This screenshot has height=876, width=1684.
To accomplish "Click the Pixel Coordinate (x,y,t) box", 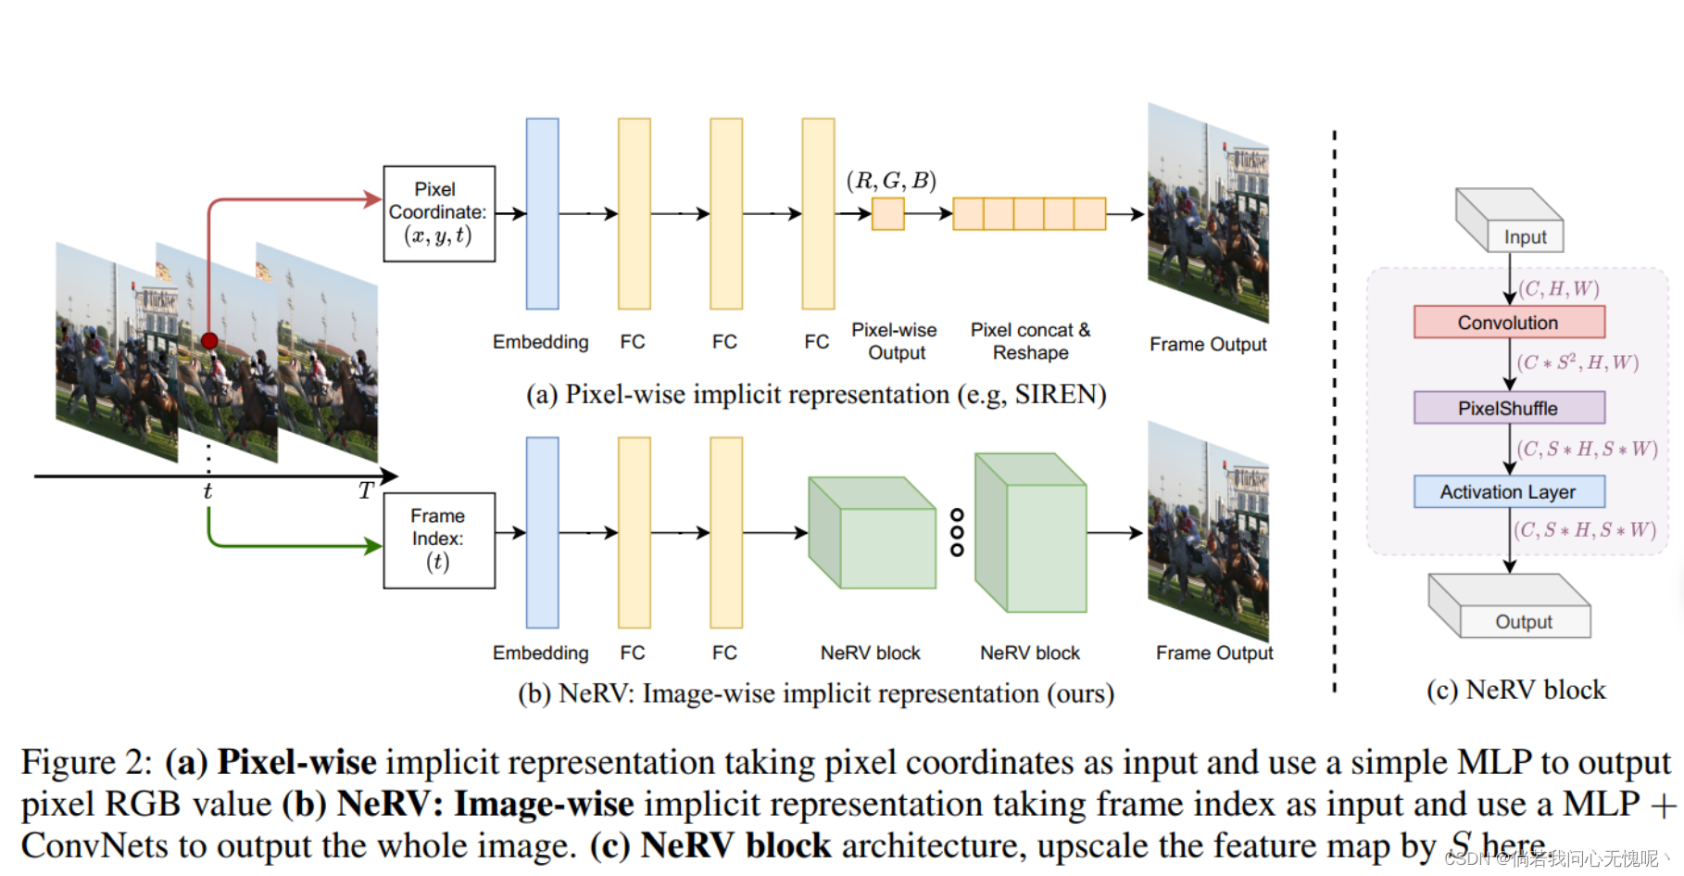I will tap(439, 213).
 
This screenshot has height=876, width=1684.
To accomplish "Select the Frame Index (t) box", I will tap(439, 540).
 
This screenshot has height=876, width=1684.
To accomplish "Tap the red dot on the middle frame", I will tap(210, 340).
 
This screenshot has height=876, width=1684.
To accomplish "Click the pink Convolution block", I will tap(1508, 322).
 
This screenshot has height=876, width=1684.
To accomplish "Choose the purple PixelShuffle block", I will tap(1508, 408).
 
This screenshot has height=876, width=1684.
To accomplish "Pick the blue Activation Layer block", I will tap(1508, 491).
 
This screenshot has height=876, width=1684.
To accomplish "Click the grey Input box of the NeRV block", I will tap(1524, 236).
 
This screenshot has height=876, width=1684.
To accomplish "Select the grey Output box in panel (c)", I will tap(1524, 621).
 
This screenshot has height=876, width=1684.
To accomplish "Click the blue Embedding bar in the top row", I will tap(542, 213).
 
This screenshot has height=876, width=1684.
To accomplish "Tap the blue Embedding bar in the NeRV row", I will tap(542, 532).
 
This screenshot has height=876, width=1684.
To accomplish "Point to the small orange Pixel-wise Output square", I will tap(887, 214).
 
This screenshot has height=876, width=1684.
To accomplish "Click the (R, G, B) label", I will tap(891, 181).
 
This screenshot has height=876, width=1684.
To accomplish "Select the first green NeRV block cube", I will tap(872, 533).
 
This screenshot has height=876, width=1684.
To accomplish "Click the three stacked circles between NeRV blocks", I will tap(957, 532).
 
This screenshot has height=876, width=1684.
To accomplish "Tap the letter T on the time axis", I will tap(367, 491).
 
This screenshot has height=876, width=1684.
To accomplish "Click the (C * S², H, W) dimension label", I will tap(1577, 362).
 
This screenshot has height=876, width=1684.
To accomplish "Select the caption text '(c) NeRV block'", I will tap(1515, 690).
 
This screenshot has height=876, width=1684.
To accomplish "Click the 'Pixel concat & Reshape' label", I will tap(1030, 341).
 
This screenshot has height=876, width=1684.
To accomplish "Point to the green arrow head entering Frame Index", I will tap(374, 546).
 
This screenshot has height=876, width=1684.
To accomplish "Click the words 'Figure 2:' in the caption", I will tap(85, 762).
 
